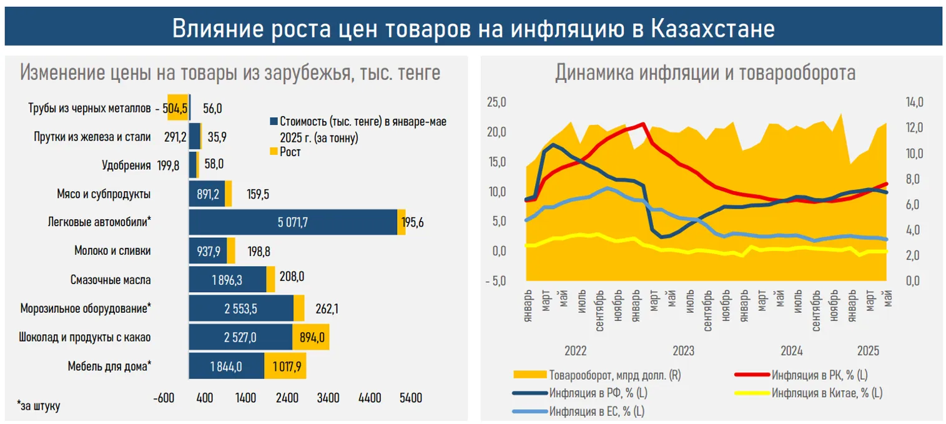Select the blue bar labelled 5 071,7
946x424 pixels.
[x=293, y=222]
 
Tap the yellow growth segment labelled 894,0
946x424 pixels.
[x=311, y=337]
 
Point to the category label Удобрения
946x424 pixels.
[x=126, y=165]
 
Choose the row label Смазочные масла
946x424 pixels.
[x=111, y=280]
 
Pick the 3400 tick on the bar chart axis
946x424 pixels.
[x=328, y=398]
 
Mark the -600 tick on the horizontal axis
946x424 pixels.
[x=163, y=398]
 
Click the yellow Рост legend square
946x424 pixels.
[x=273, y=152]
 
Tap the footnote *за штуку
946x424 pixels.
[x=39, y=406]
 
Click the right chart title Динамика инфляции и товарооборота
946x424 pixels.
[x=705, y=73]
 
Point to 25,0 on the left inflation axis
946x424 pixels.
[x=496, y=102]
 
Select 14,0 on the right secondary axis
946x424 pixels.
[x=905, y=102]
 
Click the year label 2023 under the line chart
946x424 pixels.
[x=683, y=350]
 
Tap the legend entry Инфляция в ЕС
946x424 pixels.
[x=596, y=412]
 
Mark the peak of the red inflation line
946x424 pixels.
[x=643, y=124]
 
